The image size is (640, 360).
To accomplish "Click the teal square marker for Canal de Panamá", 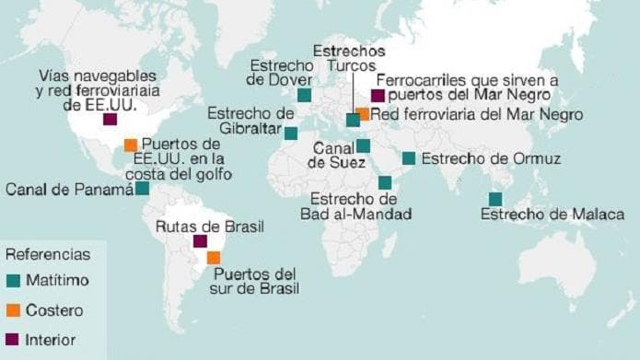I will pos(143,188).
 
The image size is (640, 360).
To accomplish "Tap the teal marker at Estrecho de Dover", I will pos(304,94).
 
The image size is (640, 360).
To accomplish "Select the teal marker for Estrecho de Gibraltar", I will pos(291,133).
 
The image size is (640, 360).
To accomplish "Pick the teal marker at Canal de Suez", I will pos(363,145).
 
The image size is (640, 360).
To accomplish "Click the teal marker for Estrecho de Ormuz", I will pos(408,158).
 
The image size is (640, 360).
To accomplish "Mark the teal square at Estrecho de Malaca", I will pos(495,199).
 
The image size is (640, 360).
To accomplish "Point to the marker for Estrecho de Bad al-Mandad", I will pos(384,182).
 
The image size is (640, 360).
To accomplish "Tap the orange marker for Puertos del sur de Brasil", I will pos(214,258).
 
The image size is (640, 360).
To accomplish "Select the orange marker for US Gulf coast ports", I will pos(131,145).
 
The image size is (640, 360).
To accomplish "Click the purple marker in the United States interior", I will pos(111,119).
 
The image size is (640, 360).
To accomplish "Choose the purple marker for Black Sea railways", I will pos(378,95).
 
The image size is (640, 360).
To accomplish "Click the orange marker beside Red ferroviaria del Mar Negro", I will pos(363,114).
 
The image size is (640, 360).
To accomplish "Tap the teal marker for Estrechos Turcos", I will pos(352,120).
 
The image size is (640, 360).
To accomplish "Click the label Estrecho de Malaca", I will pos(547,215).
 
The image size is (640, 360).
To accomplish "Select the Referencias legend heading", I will pos(48,254).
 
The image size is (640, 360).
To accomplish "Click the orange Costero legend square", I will pos(13,310).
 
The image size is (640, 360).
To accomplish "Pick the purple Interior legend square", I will pos(13,339).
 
